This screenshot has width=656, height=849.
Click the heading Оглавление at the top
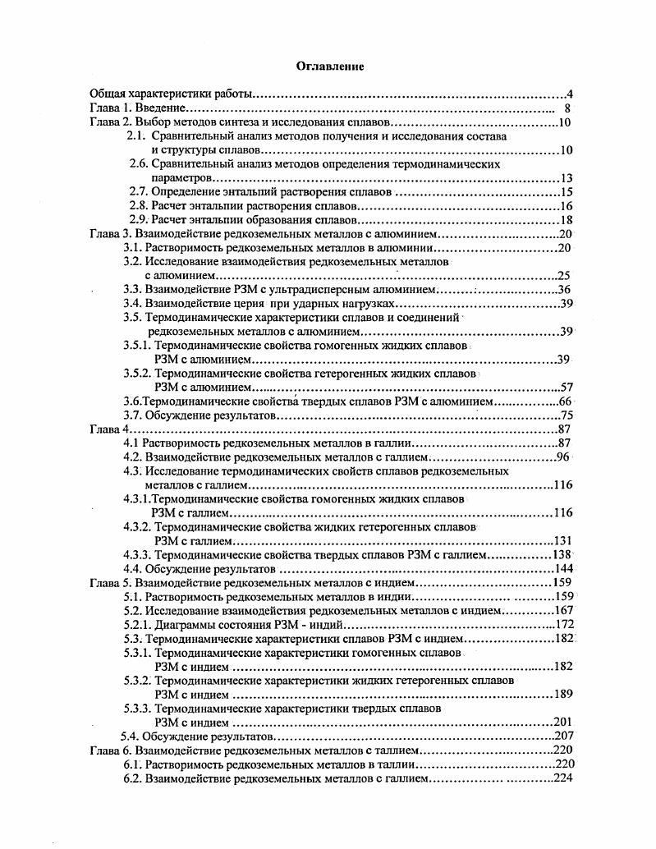(329, 65)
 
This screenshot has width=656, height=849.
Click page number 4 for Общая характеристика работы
(568, 94)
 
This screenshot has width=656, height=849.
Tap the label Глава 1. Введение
(138, 108)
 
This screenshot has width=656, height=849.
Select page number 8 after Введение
(567, 108)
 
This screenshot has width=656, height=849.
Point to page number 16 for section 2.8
(565, 206)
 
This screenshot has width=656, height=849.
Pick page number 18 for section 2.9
(565, 220)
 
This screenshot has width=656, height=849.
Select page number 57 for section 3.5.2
(565, 387)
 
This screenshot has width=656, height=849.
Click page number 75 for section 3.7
(565, 415)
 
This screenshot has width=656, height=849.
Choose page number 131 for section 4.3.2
(562, 541)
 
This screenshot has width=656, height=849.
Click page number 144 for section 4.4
(564, 569)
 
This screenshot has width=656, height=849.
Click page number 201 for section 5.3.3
(562, 723)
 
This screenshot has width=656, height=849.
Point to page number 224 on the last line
(562, 778)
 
